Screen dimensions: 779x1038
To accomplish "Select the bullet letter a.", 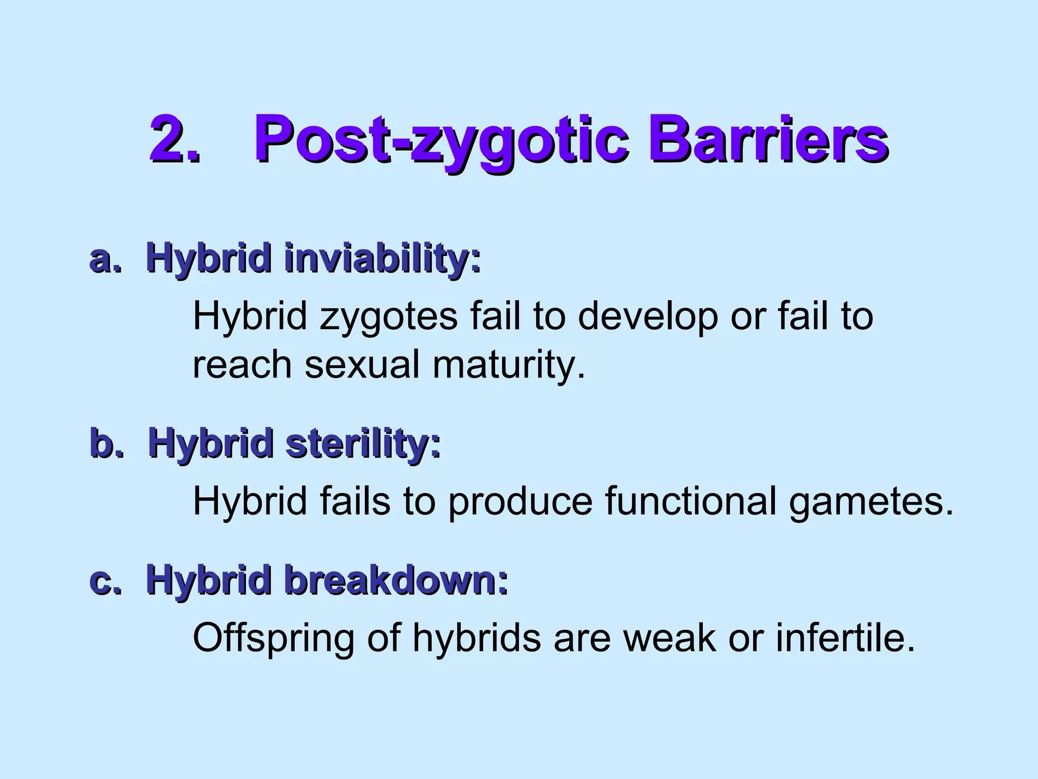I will pyautogui.click(x=105, y=259).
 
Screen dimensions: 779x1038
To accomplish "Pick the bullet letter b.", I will pyautogui.click(x=107, y=443).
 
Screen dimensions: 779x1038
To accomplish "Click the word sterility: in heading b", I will pyautogui.click(x=363, y=443).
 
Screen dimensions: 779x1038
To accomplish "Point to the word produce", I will pyautogui.click(x=520, y=502).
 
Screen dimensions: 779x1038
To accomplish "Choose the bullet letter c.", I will pyautogui.click(x=105, y=581).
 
